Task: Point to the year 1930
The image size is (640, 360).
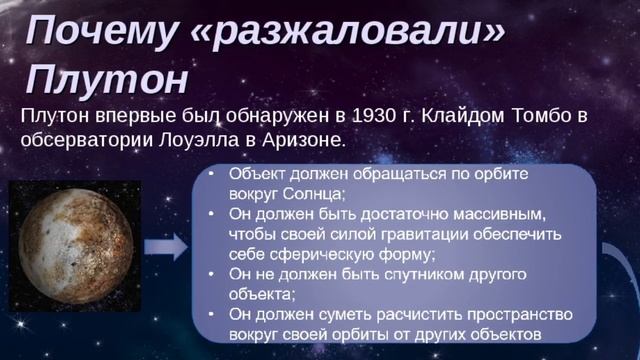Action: (376, 116)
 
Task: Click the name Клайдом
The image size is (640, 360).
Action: (468, 116)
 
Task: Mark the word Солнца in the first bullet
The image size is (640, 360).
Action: (312, 193)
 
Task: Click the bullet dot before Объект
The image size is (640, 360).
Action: (211, 174)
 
